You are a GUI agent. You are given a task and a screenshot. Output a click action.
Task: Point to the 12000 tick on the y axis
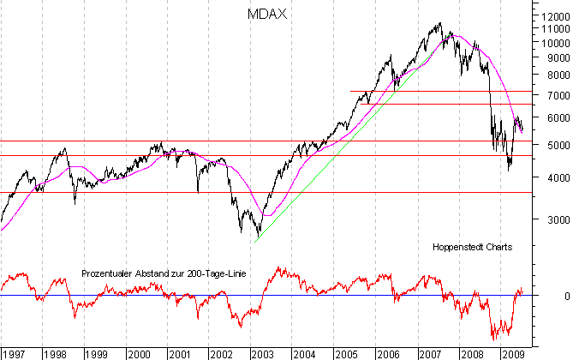[550, 15]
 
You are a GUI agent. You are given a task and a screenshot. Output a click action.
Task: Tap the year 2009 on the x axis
[512, 352]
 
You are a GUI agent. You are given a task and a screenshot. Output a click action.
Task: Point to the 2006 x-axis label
[388, 352]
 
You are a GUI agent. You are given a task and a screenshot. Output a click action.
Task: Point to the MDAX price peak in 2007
[440, 24]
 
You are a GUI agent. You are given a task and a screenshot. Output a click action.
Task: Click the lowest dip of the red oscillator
[494, 339]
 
